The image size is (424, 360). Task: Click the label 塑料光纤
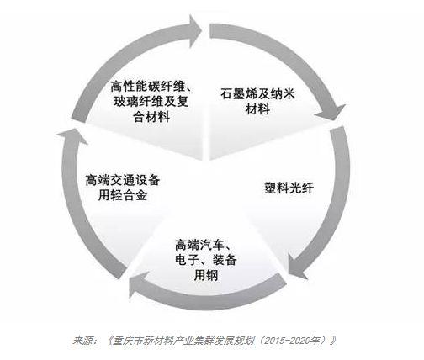pos(289,188)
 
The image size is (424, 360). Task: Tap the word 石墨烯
pos(239,94)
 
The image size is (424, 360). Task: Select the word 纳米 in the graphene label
pos(283,94)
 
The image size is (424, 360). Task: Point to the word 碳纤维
pos(166,86)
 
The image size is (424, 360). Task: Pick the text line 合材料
pos(151,117)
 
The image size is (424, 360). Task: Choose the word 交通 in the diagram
pos(123,180)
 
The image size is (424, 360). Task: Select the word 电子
pos(187,260)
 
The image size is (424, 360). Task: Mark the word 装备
pos(225,260)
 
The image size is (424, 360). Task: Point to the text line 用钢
pos(206,275)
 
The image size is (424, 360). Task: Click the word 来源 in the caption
pos(82,341)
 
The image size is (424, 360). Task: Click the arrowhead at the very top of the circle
pos(195,30)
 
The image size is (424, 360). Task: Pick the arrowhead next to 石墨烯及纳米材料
pos(331,112)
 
